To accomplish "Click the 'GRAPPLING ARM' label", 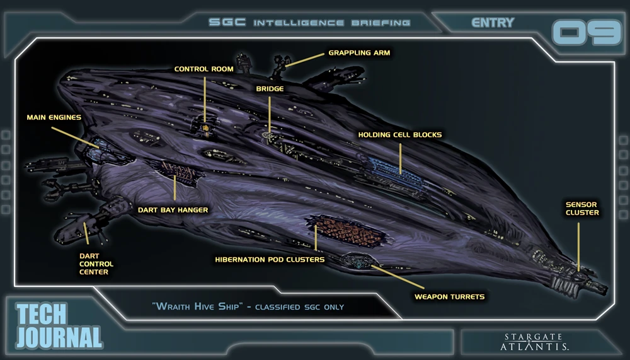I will (359, 53).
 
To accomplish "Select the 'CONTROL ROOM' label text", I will (203, 69).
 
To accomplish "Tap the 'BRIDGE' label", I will (270, 89).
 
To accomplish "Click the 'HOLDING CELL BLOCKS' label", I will (399, 135).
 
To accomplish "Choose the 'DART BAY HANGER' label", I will (173, 210).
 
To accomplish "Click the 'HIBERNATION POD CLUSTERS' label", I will (270, 259).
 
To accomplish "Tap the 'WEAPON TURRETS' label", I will (449, 296).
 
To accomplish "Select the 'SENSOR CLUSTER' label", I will (581, 209).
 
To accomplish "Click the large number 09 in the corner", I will (587, 33).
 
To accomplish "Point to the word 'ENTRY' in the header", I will (493, 23).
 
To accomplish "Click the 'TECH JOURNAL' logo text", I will (58, 326).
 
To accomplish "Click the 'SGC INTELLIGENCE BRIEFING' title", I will (309, 23).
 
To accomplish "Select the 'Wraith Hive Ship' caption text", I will (248, 306).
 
